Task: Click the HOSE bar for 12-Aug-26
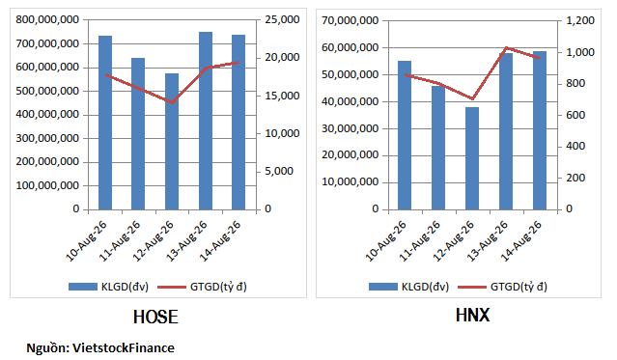coord(172,142)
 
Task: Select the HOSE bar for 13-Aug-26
coord(206,121)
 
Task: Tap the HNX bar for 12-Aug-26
coord(472,158)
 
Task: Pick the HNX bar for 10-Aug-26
coord(405,135)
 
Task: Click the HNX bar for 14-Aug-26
coord(540,130)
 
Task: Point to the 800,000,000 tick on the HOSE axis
coord(47,19)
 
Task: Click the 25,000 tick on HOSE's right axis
coord(282,19)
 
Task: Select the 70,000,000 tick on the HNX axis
coord(351,20)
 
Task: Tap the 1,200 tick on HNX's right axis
coord(580,20)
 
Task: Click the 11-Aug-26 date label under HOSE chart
coord(120,240)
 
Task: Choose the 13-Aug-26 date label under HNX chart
coord(488,240)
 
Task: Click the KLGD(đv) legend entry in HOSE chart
coord(108,287)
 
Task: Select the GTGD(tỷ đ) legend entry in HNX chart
coord(503,287)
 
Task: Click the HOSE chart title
coord(155,318)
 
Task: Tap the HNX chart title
coord(472,316)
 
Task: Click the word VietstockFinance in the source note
coord(124,348)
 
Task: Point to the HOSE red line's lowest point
coord(172,102)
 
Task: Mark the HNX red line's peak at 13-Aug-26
coord(506,48)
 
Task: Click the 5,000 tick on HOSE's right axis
coord(279,171)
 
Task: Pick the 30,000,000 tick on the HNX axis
coord(351,128)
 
